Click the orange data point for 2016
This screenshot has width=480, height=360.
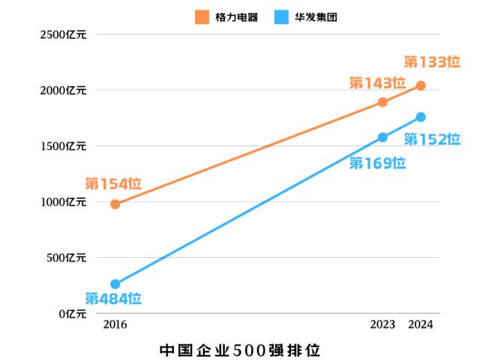[x=115, y=204]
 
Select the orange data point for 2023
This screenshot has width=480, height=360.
[x=382, y=102]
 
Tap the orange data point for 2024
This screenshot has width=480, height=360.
[x=421, y=85]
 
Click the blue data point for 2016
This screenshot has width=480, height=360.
[x=115, y=284]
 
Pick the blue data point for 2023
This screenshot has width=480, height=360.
[x=382, y=137]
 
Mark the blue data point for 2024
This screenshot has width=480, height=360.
[x=421, y=117]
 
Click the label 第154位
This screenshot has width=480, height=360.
[x=113, y=184]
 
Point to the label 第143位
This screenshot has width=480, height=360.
[x=377, y=83]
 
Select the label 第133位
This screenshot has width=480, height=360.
[x=432, y=61]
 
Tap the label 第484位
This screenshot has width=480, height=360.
[x=113, y=298]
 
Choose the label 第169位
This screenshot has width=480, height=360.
[x=377, y=163]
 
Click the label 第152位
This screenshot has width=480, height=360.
[x=432, y=139]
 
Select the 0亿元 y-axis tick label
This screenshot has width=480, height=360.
[x=73, y=313]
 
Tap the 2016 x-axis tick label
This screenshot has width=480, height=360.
[x=115, y=325]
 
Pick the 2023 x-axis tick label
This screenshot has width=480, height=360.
[x=382, y=325]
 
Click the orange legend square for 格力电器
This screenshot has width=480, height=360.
[x=202, y=16]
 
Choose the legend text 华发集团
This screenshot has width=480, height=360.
[x=316, y=16]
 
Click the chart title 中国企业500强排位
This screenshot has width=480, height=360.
[x=240, y=349]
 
